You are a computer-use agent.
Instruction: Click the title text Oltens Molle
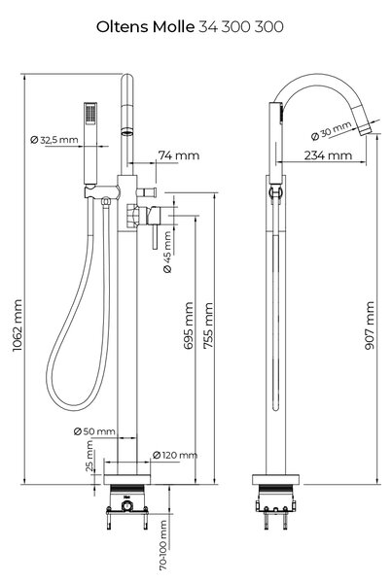[145, 27]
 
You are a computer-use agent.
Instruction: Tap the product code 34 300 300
[241, 27]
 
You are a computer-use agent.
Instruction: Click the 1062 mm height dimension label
[18, 326]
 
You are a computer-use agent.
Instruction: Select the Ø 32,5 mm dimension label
[54, 140]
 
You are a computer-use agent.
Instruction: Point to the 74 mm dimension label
[179, 155]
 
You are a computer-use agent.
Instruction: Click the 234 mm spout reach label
[328, 155]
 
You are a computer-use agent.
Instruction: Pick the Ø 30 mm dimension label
[331, 131]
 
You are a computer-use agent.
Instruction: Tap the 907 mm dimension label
[370, 326]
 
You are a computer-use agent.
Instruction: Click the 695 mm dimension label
[189, 326]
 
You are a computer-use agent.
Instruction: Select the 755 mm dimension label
[208, 326]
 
